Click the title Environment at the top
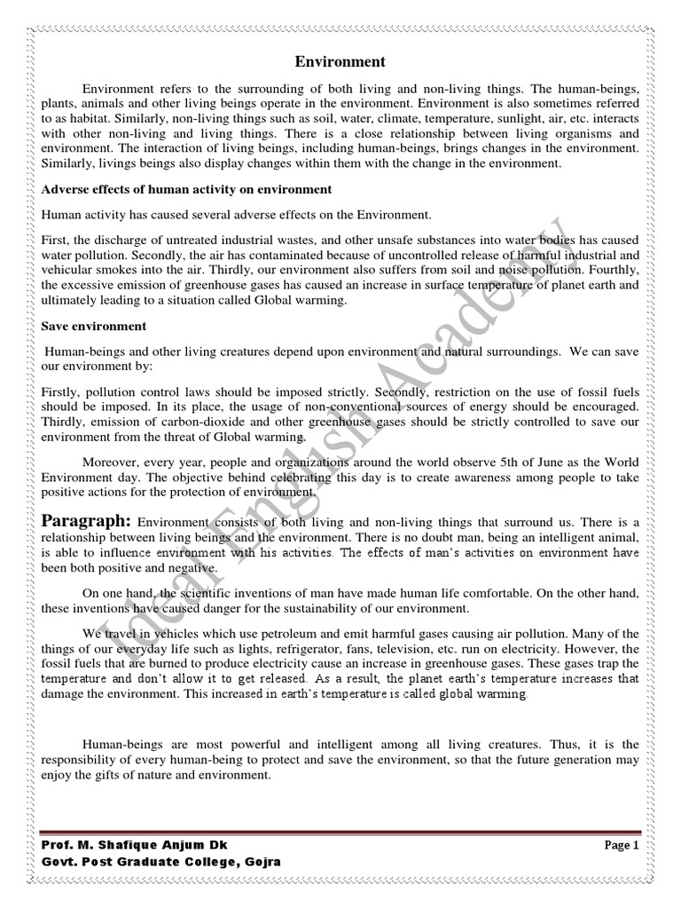tap(340, 62)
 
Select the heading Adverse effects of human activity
tap(186, 190)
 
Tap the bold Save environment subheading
tap(93, 327)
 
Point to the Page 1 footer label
tap(622, 846)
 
